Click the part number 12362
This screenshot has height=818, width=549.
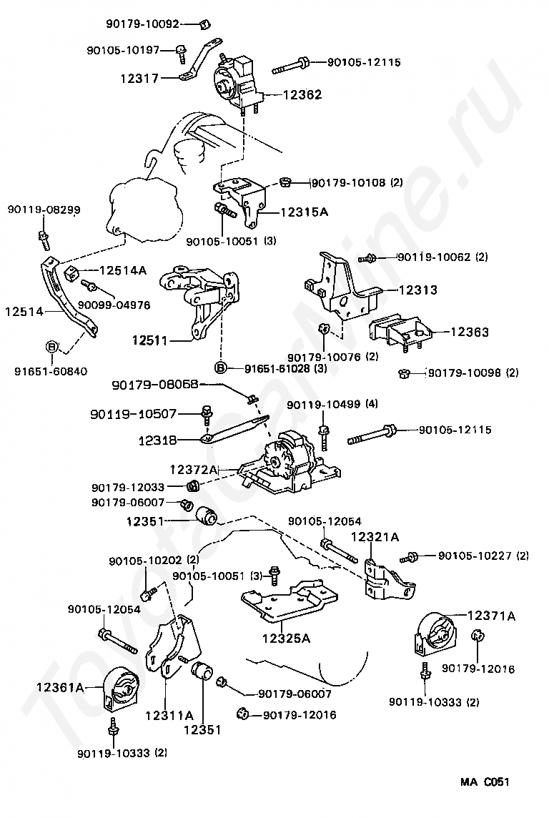click(x=302, y=94)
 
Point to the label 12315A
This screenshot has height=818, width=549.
click(x=304, y=212)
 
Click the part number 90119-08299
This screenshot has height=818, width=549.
click(x=44, y=210)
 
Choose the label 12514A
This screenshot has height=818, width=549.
click(x=122, y=270)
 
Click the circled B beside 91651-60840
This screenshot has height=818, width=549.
click(x=51, y=347)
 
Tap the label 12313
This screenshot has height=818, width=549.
click(x=417, y=290)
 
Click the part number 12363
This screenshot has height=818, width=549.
click(x=469, y=332)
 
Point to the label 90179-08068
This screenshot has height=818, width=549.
click(x=154, y=385)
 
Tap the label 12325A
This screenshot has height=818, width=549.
click(x=286, y=639)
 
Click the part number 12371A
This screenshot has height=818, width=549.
click(x=491, y=616)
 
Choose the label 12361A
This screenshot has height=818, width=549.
click(x=61, y=688)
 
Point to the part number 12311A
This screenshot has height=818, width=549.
click(x=169, y=714)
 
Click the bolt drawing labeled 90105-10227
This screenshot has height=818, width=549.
click(x=410, y=556)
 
